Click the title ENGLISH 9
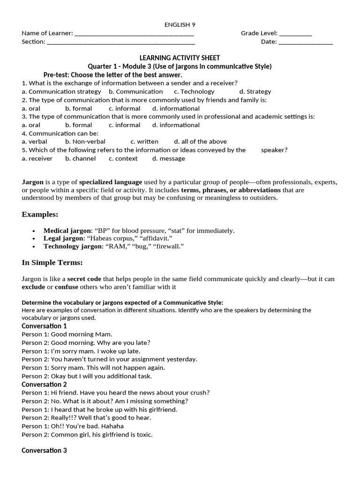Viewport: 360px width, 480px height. click(x=180, y=24)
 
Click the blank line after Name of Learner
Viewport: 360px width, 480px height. click(x=135, y=34)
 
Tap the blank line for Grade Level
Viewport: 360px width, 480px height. click(x=295, y=34)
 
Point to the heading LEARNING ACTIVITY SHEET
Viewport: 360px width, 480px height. click(x=180, y=58)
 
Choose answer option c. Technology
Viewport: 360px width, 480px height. click(x=194, y=91)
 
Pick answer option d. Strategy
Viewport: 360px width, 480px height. click(x=255, y=91)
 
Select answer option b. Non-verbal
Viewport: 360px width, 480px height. click(x=85, y=142)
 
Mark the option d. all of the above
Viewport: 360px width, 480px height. click(x=200, y=142)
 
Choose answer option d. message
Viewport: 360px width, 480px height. click(x=169, y=158)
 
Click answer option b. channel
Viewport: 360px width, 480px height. click(x=81, y=158)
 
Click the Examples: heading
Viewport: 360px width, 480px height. click(x=40, y=214)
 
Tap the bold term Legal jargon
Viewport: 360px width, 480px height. click(x=63, y=239)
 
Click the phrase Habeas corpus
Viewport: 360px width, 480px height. click(x=109, y=239)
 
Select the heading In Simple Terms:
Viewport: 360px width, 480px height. click(x=52, y=262)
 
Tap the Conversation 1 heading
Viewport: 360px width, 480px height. click(x=44, y=326)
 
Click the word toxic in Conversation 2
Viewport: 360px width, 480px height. click(x=143, y=435)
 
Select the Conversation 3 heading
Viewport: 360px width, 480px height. click(x=44, y=450)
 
